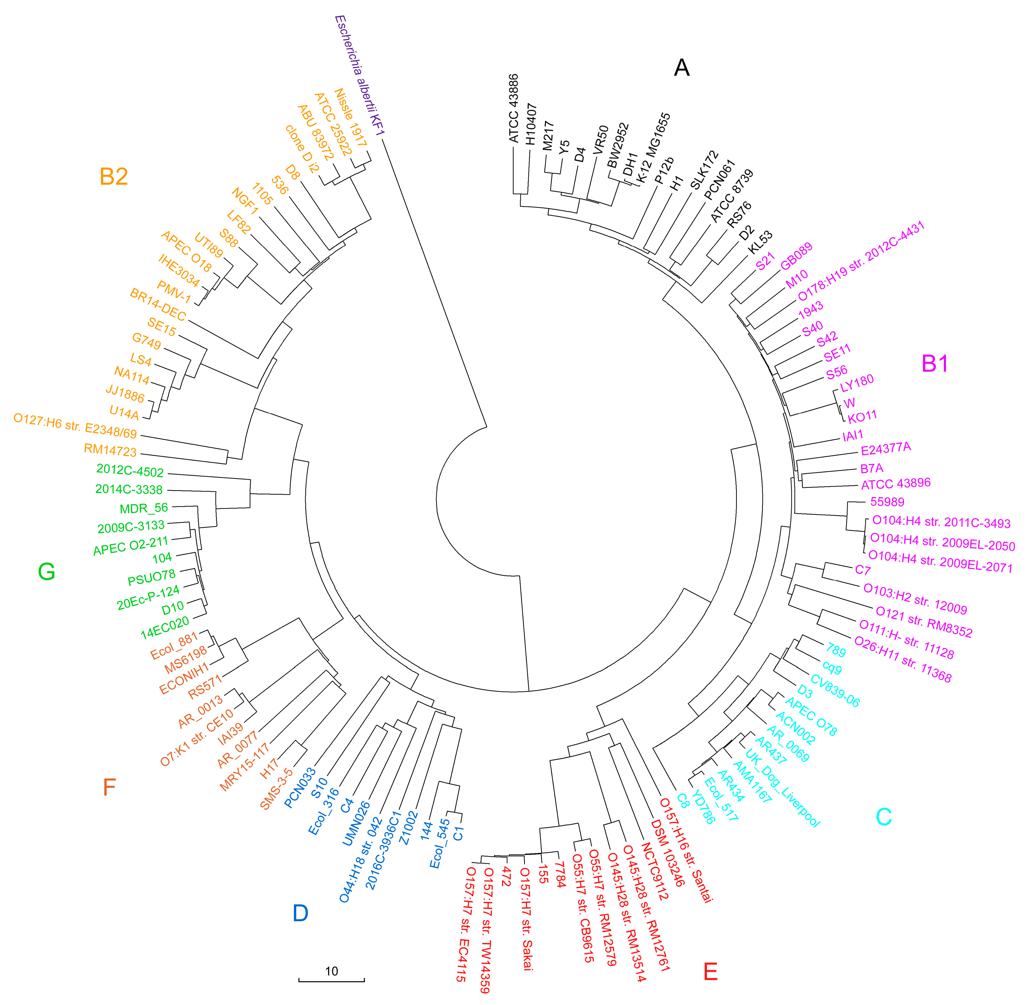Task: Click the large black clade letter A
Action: click(x=681, y=68)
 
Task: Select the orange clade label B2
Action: click(x=114, y=176)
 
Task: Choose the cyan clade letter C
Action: click(x=884, y=817)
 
